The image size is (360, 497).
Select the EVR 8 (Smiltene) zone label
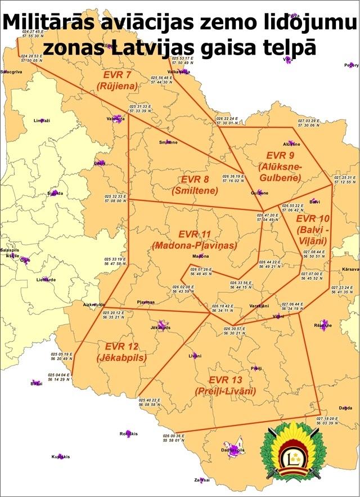coord(195,185)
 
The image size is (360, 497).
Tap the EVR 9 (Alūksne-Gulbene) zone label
coord(280,166)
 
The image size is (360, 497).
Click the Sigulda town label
coord(55,194)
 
